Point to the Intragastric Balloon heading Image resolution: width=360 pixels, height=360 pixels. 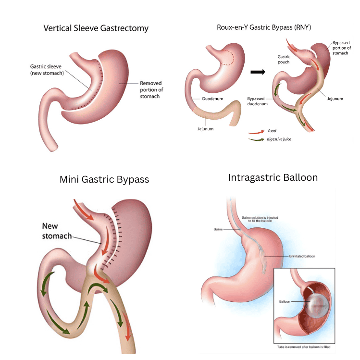(273, 177)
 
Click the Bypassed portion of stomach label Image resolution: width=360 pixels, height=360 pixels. (341, 48)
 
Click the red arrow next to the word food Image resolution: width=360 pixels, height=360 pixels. (257, 131)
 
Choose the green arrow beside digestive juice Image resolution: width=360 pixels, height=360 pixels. (257, 139)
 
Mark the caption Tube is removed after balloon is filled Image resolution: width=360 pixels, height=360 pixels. (304, 347)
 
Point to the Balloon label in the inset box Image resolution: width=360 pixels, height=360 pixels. (285, 301)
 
